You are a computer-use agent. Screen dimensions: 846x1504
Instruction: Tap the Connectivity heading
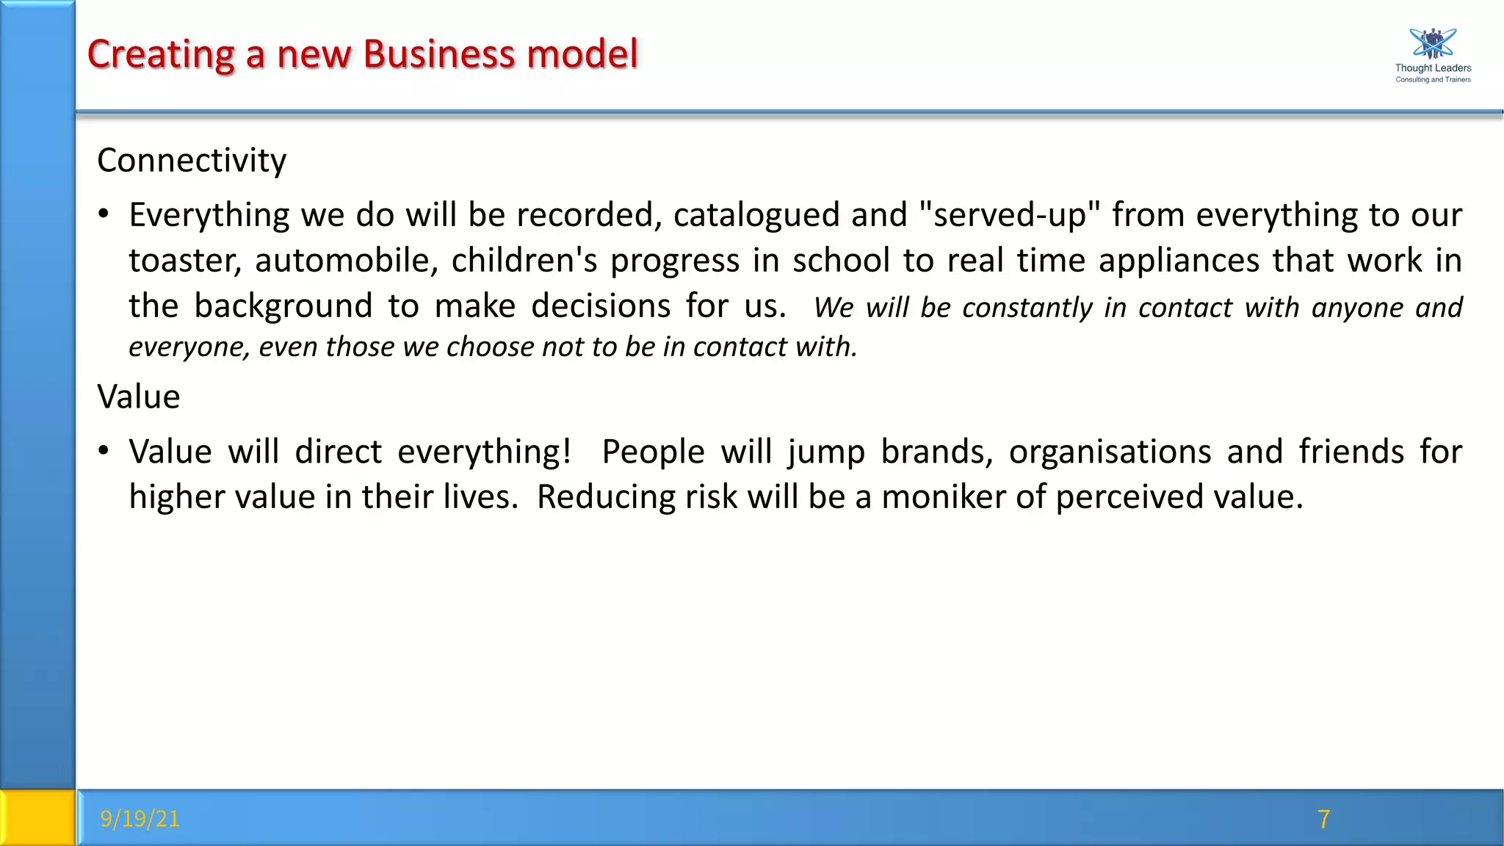pos(192,160)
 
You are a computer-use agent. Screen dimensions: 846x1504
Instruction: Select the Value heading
pos(139,397)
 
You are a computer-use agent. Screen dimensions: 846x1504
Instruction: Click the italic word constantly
pos(1027,308)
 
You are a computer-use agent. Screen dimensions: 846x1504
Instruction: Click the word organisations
pos(1110,452)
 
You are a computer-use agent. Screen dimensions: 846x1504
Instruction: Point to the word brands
pos(936,452)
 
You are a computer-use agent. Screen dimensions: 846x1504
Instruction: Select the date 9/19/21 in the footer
pos(140,818)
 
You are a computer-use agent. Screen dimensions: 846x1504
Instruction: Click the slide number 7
pos(1323,818)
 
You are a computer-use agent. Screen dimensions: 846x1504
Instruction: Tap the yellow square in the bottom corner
pos(37,817)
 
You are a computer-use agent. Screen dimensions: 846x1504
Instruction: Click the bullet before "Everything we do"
pos(104,214)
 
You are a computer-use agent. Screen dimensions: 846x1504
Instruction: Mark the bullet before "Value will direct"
pos(104,451)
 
